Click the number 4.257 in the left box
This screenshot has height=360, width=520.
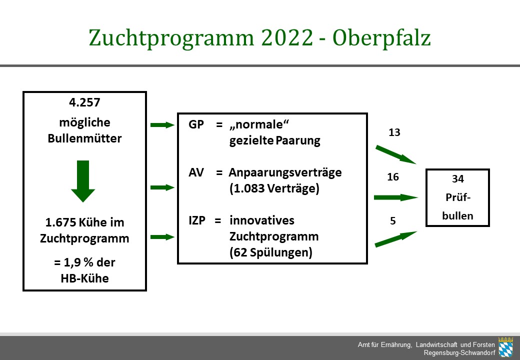coord(84,102)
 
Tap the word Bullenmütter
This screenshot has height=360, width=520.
coord(84,138)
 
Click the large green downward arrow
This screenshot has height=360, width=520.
coord(83,181)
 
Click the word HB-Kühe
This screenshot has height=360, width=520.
coord(84,278)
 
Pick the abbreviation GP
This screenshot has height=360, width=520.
coord(196,124)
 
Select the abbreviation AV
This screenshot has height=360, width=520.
coord(196,172)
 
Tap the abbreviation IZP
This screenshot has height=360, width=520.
coord(197,220)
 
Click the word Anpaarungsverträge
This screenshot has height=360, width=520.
coord(285,172)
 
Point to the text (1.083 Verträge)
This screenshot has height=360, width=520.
coord(274,188)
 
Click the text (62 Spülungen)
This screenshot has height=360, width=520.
coord(271,252)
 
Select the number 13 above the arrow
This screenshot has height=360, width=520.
coord(394,132)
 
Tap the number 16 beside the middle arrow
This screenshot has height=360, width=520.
coord(393,177)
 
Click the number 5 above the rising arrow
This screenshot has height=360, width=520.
coord(393,221)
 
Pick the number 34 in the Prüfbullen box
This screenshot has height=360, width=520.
coord(457,179)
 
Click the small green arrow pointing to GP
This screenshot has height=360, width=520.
coord(162,125)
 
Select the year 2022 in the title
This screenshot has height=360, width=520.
coord(287,37)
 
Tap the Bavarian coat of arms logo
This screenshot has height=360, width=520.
coord(505,347)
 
